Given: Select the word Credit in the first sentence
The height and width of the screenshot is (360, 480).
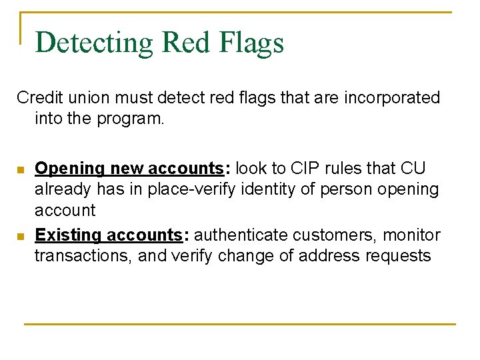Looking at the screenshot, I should (37, 98).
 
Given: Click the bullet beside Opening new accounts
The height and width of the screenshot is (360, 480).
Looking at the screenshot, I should (21, 169).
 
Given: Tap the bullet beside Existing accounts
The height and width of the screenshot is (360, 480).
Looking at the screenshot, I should (21, 237).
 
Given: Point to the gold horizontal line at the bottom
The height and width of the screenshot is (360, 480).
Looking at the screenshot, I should (240, 324).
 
